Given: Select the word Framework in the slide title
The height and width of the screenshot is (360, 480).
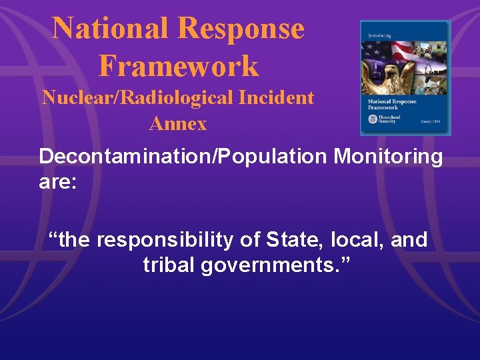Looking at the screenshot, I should pos(178,66).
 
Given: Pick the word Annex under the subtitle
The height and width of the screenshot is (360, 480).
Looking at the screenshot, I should pos(178,123).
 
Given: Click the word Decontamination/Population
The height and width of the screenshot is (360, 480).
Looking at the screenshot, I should pos(182,157).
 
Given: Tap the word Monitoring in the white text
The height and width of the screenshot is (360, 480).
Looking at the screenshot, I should pos(388,157).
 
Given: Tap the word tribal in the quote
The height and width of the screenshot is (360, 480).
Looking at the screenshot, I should pos(171,265).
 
